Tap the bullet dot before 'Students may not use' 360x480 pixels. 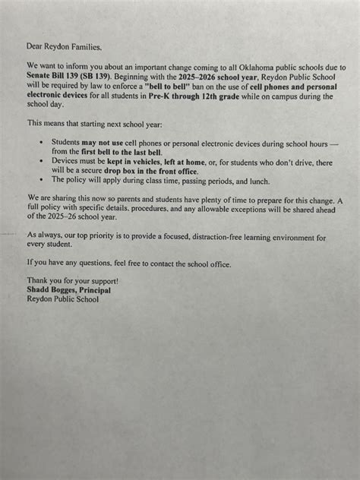40,142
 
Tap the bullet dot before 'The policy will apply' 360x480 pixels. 40,181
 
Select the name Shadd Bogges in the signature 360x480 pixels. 53,290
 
